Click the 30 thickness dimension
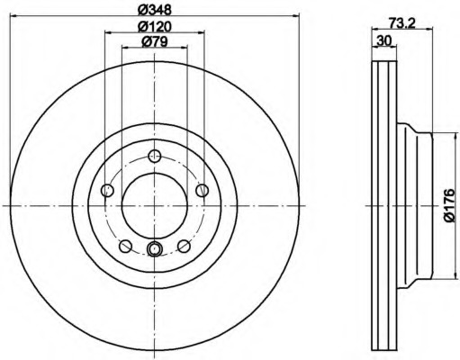383,41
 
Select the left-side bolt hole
108,189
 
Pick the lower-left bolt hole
125,246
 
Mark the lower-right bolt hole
184,246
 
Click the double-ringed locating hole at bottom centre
154,249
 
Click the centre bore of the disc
154,205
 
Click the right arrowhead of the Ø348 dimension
293,17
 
